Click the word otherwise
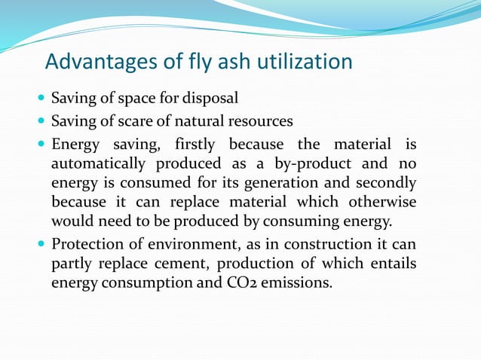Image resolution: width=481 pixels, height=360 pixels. click(x=380, y=202)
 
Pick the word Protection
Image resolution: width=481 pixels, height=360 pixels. click(x=89, y=245)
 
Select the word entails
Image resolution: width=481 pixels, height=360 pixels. click(x=388, y=264)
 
